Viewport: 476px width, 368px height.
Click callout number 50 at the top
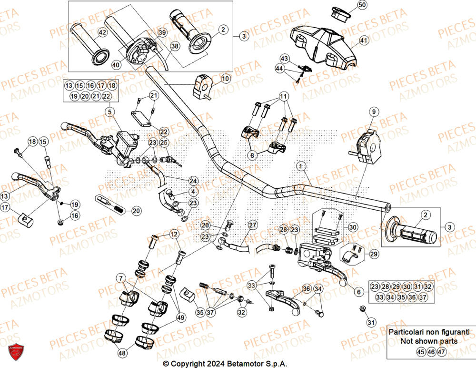pos(363,5)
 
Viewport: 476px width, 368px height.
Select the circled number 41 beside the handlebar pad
pos(364,41)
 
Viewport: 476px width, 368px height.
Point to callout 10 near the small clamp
pos(225,78)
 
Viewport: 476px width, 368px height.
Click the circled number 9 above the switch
pos(374,112)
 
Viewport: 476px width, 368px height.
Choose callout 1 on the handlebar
pos(301,166)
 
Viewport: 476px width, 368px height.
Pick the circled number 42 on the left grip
pos(102,33)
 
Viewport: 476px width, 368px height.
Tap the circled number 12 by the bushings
pos(174,234)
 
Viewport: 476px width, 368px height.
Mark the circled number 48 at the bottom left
pos(122,353)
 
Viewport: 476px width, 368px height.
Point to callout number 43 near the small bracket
pos(285,58)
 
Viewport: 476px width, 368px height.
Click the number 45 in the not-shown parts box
pos(420,352)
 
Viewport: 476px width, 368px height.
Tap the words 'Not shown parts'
pos(429,341)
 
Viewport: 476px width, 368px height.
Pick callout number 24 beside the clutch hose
pos(193,181)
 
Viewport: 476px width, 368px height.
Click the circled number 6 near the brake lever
pos(360,291)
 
